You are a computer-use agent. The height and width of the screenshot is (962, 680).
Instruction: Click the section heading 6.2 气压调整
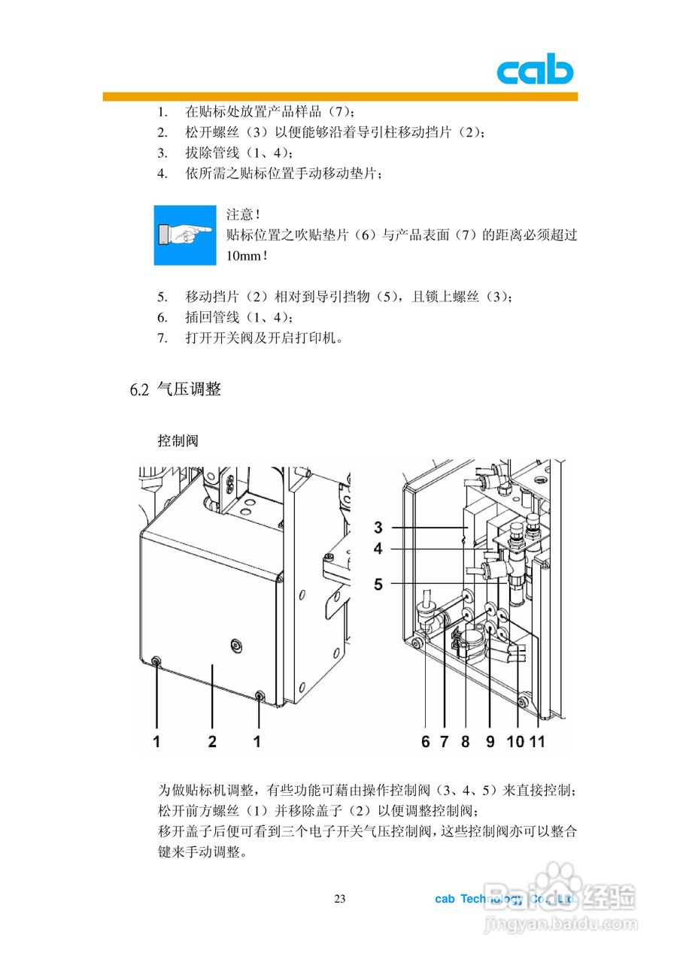click(x=175, y=389)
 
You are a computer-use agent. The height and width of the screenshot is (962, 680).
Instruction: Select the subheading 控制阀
click(x=177, y=440)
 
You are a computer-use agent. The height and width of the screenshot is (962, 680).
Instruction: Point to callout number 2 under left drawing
click(x=212, y=741)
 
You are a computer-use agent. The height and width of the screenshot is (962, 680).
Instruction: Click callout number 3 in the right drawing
click(x=378, y=527)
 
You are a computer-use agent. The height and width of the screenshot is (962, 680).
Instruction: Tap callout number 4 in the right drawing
click(x=378, y=549)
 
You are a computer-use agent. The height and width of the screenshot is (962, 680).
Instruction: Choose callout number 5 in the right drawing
click(x=378, y=582)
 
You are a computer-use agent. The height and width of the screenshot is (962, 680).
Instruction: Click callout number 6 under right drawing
click(x=425, y=741)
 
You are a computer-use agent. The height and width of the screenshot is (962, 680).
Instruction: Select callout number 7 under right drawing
click(x=444, y=741)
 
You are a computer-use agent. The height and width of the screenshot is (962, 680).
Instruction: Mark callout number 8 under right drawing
click(x=465, y=741)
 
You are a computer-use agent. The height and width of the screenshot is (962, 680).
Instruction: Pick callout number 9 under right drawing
click(x=490, y=741)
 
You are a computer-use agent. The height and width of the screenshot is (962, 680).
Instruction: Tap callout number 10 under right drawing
click(x=515, y=741)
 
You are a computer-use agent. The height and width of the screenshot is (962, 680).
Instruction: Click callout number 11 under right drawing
click(x=537, y=741)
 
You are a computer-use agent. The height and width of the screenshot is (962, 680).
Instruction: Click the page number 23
click(x=339, y=899)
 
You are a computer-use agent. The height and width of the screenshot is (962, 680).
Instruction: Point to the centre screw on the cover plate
click(x=236, y=644)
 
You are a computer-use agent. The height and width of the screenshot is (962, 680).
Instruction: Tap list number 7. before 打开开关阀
click(x=162, y=337)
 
